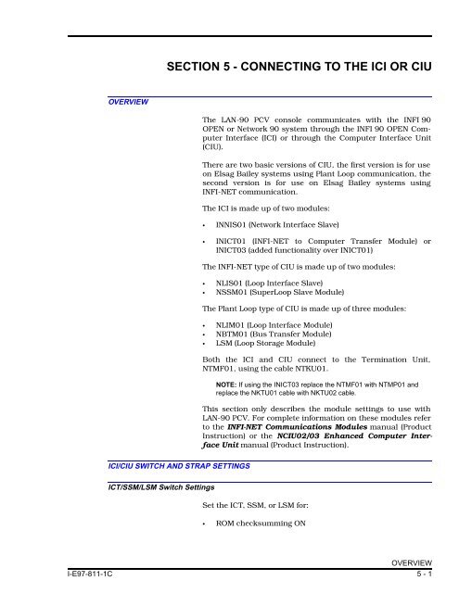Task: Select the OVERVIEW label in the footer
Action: click(427, 573)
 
